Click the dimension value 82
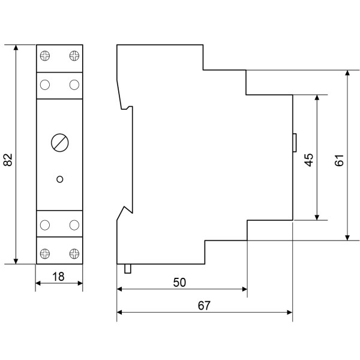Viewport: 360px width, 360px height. point(8,160)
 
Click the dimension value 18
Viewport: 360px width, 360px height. point(59,277)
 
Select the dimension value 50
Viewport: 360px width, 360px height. point(179,283)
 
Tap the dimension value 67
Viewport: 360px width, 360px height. point(204,305)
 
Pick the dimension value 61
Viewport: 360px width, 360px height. point(339,160)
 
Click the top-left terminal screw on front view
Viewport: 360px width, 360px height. point(45,56)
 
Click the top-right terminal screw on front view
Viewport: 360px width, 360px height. point(74,56)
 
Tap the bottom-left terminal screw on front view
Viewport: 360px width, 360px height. point(45,253)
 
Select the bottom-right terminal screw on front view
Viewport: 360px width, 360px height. point(74,253)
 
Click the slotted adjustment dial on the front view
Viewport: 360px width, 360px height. point(59,143)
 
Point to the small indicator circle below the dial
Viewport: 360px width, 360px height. point(59,178)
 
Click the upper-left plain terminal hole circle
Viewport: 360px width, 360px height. point(45,85)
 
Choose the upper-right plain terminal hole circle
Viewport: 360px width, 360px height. point(74,85)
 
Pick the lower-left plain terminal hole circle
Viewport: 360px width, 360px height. point(45,225)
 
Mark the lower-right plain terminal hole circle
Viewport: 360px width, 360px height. point(74,225)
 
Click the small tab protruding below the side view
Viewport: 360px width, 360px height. point(127,268)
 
